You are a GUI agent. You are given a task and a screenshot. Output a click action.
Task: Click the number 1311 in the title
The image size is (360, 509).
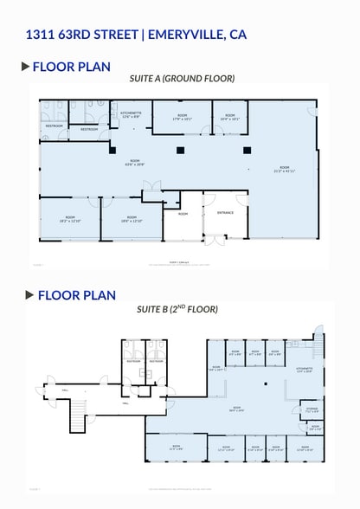coord(42,35)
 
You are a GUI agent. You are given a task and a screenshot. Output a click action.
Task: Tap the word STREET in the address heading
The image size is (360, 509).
coord(112,35)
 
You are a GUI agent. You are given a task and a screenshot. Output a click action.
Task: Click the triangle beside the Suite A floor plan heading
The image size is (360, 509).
coord(26,66)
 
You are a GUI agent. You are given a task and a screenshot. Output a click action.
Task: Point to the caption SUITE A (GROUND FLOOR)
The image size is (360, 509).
coord(182,79)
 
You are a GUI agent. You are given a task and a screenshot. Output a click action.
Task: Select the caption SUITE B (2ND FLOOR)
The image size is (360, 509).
coord(177,309)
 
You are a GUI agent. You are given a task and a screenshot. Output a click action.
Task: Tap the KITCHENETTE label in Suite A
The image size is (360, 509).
coord(132,115)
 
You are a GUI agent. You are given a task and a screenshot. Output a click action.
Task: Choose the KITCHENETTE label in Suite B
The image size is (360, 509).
coord(304,370)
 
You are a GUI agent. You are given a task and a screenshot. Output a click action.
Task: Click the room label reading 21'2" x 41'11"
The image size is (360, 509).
coord(285,169)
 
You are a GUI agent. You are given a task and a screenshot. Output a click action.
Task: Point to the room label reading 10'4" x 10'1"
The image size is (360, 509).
coord(230,117)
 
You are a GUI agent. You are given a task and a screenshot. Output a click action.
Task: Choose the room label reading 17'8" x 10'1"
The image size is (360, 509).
coord(182,117)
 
